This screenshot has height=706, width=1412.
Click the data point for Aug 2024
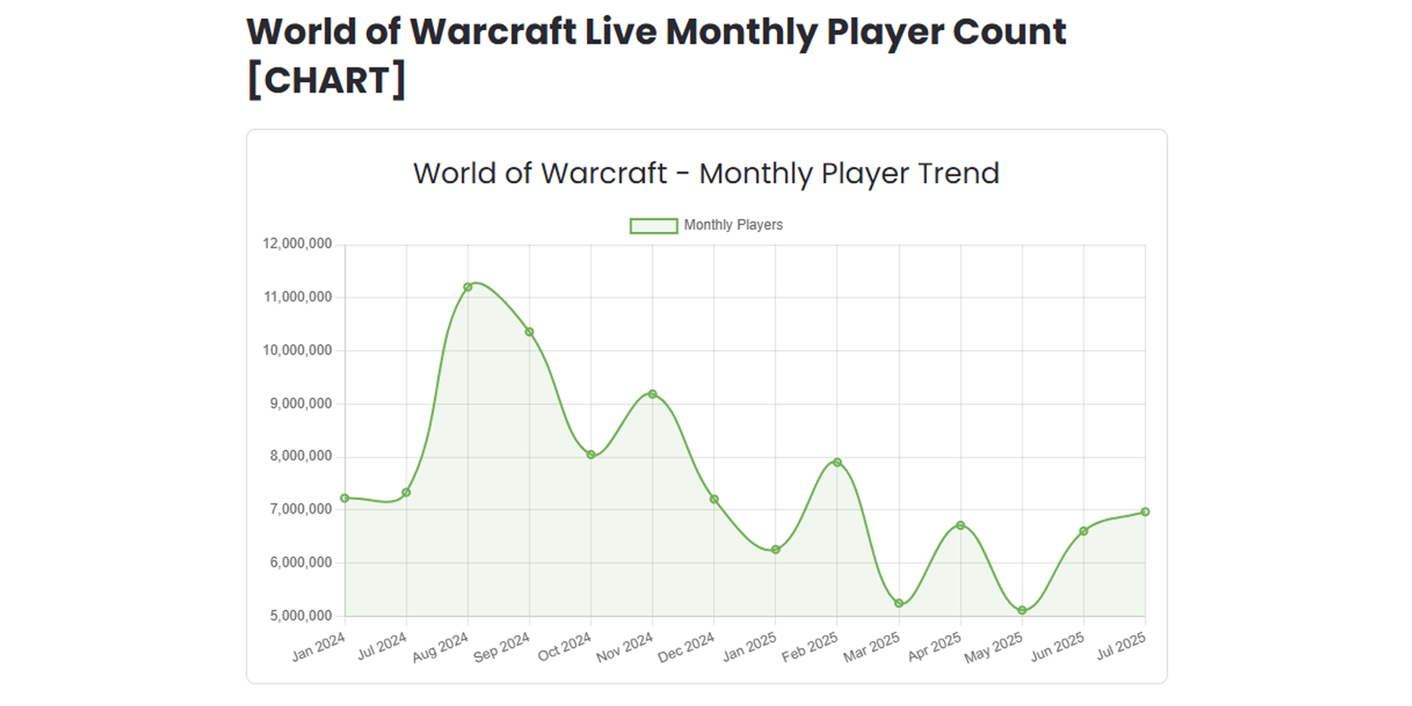tap(467, 287)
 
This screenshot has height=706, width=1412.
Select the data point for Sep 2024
tap(529, 332)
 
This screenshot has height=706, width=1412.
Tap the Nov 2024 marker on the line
tap(652, 395)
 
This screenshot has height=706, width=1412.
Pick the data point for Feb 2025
tap(837, 462)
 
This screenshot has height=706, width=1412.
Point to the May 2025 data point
tap(1022, 610)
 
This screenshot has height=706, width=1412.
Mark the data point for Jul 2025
tap(1145, 512)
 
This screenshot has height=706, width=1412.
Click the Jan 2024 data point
tap(345, 498)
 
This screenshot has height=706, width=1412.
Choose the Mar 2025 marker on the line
tap(899, 603)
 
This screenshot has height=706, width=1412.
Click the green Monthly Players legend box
tap(653, 225)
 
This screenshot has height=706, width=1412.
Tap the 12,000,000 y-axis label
tap(297, 244)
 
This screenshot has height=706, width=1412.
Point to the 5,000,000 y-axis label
tap(300, 615)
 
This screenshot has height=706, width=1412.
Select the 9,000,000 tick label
tap(300, 403)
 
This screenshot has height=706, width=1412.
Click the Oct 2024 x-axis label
tap(565, 647)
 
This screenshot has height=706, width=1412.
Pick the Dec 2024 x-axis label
tap(686, 648)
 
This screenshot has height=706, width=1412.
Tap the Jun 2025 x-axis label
tap(1058, 647)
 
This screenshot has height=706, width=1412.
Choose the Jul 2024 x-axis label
tap(382, 647)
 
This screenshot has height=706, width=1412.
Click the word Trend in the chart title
tap(958, 174)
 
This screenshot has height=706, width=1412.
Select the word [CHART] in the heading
tap(326, 80)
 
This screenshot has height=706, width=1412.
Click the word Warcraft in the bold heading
tap(493, 32)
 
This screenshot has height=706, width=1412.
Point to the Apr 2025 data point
tap(960, 525)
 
